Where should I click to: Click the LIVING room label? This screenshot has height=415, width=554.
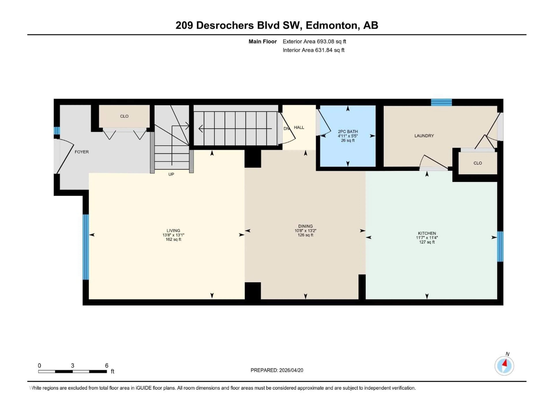pos(173,230)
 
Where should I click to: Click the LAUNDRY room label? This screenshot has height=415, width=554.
pos(424,136)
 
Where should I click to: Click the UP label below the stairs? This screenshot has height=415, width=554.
pos(171,174)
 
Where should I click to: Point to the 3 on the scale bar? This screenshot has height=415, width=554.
pos(73,365)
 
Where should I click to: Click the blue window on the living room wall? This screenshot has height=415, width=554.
pos(86,247)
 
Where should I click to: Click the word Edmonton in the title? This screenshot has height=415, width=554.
pos(331,25)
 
